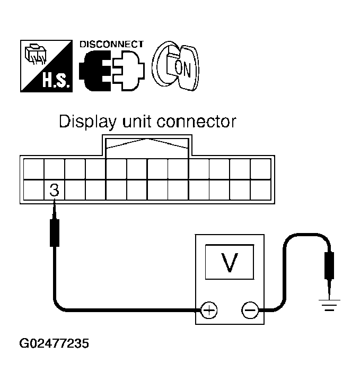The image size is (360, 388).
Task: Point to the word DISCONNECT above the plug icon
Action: (111, 45)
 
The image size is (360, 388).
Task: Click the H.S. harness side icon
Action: (45, 66)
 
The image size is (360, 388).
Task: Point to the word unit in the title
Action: (139, 122)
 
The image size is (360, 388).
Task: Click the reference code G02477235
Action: (54, 343)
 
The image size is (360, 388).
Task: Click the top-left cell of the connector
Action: (33, 169)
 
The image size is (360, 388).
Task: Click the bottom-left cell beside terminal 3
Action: (33, 190)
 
